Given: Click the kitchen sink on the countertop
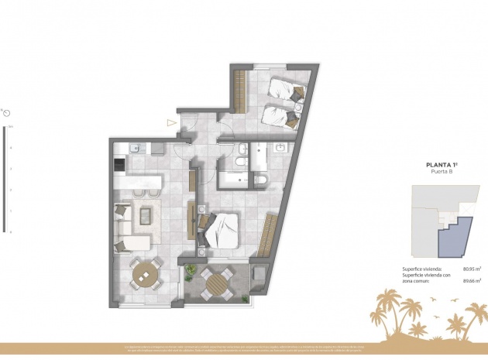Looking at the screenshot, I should [134, 147].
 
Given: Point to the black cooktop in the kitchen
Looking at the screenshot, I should [119, 164].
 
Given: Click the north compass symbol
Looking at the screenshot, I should [7, 114].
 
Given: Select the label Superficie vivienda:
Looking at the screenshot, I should [421, 269].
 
